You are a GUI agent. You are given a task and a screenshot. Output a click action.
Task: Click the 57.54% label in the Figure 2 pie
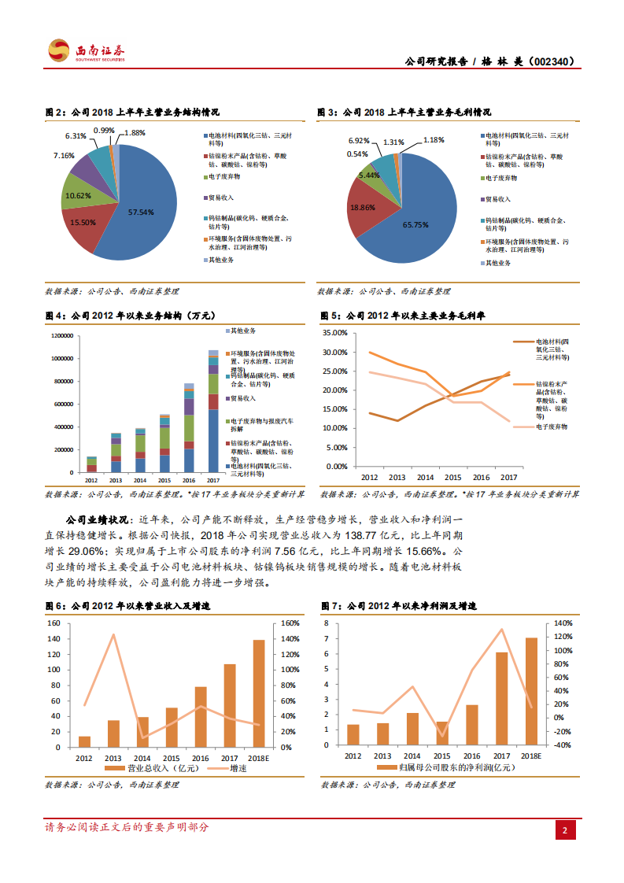click(141, 212)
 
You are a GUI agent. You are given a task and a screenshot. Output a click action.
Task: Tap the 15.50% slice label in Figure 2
click(83, 223)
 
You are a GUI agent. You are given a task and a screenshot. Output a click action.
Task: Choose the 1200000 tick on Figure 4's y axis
click(61, 336)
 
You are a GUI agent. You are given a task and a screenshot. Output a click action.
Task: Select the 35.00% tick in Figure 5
click(336, 332)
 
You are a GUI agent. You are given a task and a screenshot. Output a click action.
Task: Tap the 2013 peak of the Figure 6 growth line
click(113, 634)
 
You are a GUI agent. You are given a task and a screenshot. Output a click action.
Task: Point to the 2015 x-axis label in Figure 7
click(441, 756)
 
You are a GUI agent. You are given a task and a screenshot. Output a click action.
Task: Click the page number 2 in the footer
click(564, 830)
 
